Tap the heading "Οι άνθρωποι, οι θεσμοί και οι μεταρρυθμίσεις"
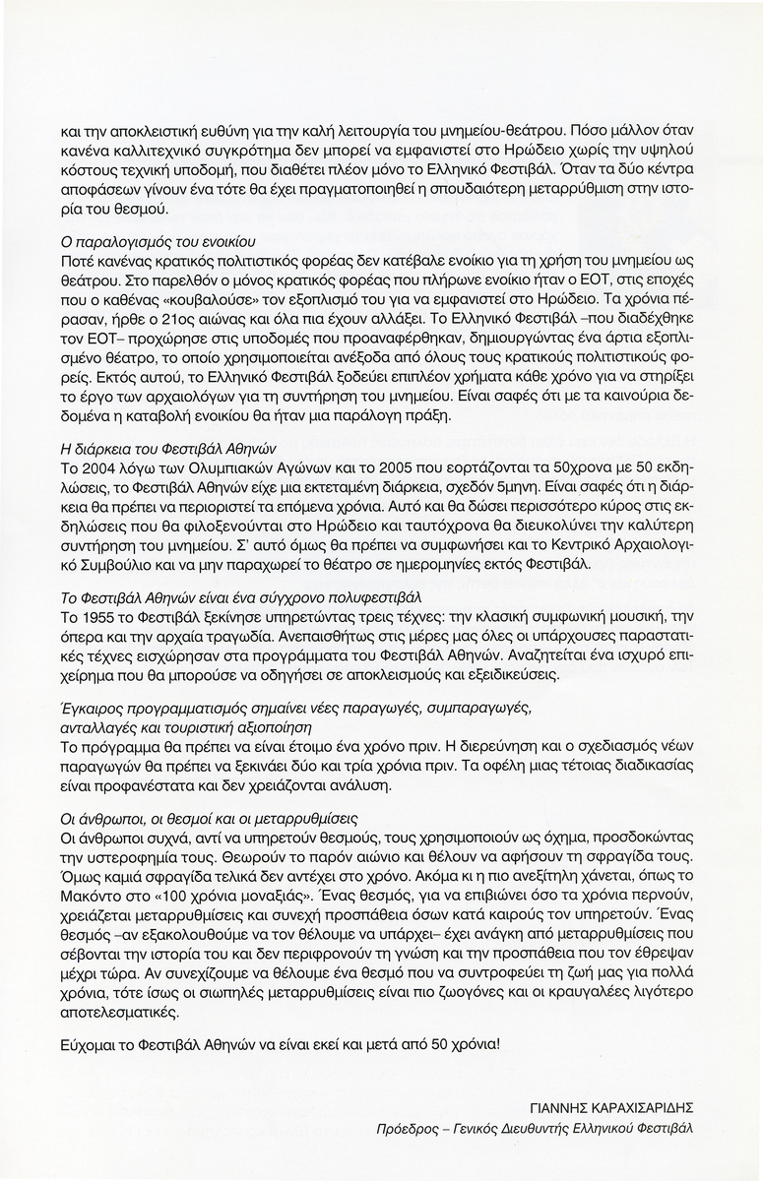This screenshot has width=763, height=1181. coord(209,818)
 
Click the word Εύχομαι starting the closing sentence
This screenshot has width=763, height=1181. coord(90,1039)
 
